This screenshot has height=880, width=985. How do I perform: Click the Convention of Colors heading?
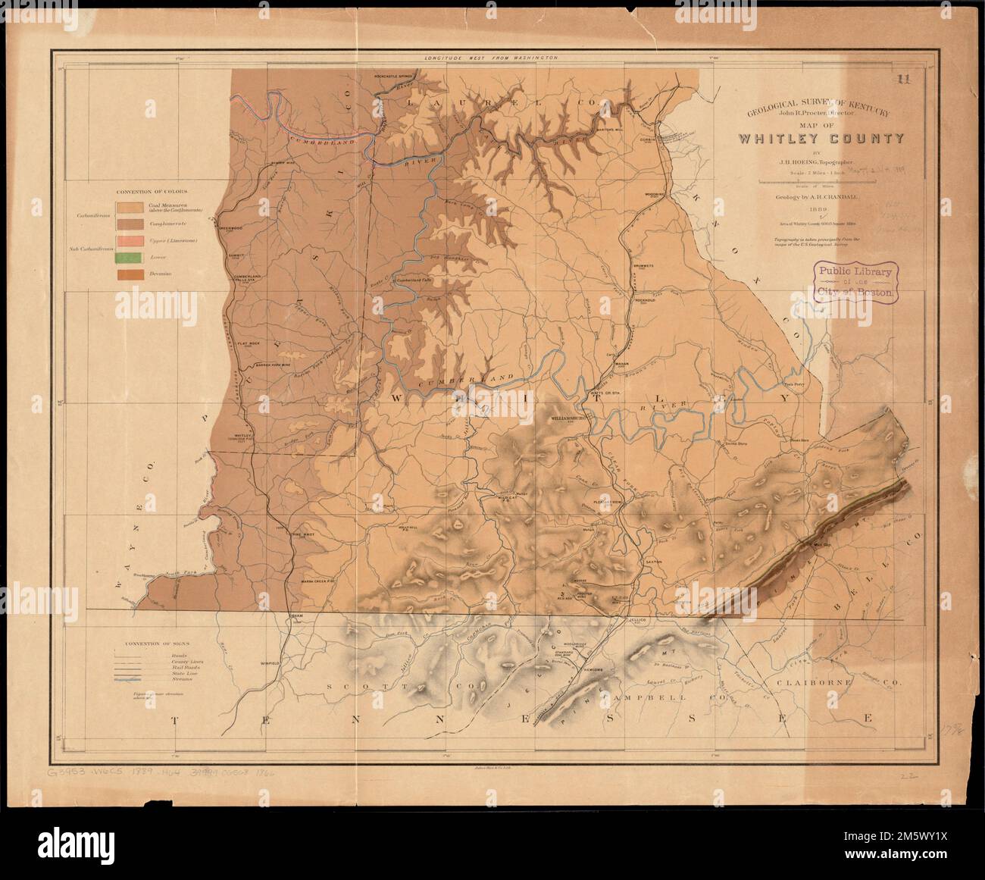click(x=151, y=192)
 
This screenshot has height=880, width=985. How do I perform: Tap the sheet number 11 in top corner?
click(x=902, y=78)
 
